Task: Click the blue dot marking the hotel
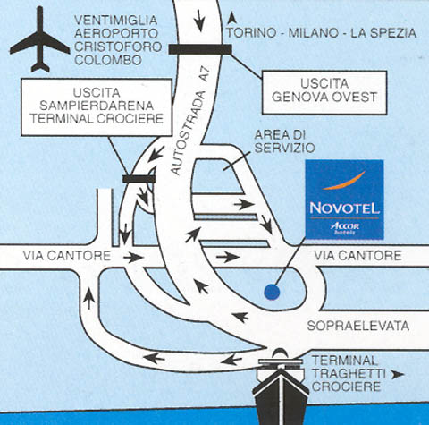(272, 292)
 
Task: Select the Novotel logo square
(344, 200)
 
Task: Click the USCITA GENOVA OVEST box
(324, 92)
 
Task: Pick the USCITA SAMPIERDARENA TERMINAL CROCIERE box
(97, 107)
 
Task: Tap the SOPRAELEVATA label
(358, 326)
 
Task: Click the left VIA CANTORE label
(67, 256)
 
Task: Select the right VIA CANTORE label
(357, 256)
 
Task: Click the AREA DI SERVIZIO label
(284, 141)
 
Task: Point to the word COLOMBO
(108, 60)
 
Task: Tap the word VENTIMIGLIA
(115, 20)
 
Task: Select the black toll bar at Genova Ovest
(200, 49)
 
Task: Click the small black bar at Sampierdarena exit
(139, 179)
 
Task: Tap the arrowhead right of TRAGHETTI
(398, 375)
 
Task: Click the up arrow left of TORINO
(231, 18)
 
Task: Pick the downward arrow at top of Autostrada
(199, 21)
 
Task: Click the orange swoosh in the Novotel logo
(344, 182)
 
